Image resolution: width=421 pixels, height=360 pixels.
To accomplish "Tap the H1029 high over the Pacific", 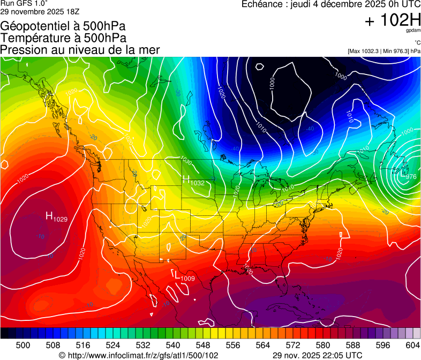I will point(56,217).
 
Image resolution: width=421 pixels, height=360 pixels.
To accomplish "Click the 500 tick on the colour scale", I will point(23,344).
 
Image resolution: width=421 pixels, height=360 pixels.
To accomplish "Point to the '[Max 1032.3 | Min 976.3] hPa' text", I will point(384,51).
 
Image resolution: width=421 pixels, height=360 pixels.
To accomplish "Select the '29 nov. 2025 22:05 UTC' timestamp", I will point(317,355).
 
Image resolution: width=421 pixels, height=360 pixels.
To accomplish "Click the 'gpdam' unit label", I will point(414,31).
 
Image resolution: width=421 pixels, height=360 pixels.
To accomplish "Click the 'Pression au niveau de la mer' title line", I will point(80,50).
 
